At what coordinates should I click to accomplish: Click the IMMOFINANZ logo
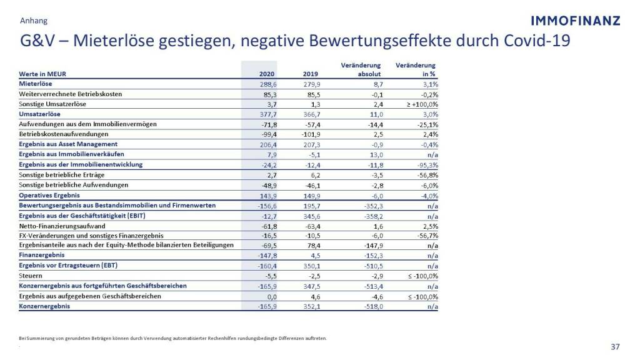click(575, 21)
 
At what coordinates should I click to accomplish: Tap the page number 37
click(615, 347)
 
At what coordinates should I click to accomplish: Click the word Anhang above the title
click(33, 21)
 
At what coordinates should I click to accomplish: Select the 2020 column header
click(267, 74)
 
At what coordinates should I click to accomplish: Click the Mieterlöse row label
click(36, 83)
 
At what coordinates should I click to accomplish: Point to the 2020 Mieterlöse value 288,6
click(267, 84)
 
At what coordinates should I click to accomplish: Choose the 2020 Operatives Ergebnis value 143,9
click(267, 195)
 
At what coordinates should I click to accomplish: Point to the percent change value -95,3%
click(426, 165)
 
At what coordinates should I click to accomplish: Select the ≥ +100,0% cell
click(418, 104)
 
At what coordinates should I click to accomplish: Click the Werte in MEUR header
click(42, 74)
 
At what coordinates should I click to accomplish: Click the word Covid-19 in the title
click(537, 40)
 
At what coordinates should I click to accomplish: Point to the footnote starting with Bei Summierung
click(173, 339)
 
